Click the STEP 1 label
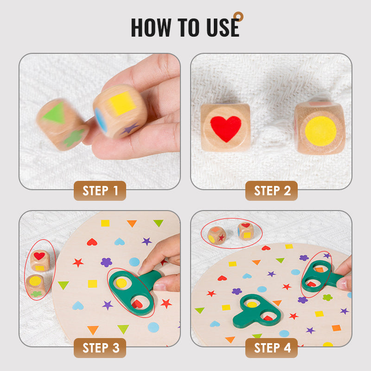(x=100, y=191)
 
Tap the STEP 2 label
(x=271, y=191)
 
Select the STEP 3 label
(x=100, y=348)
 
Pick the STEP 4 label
(x=271, y=348)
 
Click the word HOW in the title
(x=151, y=27)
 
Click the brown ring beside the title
(x=238, y=17)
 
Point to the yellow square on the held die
(x=122, y=103)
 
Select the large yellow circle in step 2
(x=320, y=131)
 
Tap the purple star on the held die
(x=130, y=129)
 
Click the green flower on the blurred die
(x=74, y=138)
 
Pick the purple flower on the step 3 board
(x=107, y=262)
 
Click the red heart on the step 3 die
(x=39, y=256)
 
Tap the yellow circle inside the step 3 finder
(x=122, y=283)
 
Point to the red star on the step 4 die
(x=222, y=237)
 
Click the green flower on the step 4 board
(x=328, y=297)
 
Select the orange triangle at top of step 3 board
(x=132, y=224)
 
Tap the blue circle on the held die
(x=101, y=120)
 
